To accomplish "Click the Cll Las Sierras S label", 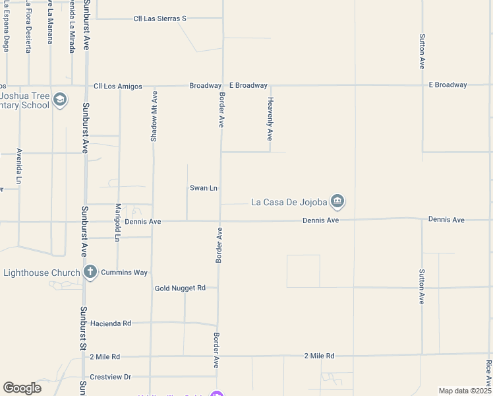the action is coord(159,18).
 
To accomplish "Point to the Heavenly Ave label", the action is coord(270,119).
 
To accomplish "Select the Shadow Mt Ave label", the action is coord(154,115).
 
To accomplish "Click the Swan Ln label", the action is coord(204,188).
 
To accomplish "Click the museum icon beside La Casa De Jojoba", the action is coord(337,201).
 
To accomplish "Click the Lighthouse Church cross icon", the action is coord(90,272).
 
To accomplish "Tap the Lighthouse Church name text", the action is coord(42,272).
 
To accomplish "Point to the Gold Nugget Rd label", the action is coord(180,288).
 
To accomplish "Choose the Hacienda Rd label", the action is coord(111,323).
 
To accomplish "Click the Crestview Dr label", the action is coord(111,377).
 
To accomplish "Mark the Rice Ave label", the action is coord(488,373).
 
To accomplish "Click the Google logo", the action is coord(22,388).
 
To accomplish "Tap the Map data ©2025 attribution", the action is coord(465,391).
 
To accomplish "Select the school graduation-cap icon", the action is coord(60,100).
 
